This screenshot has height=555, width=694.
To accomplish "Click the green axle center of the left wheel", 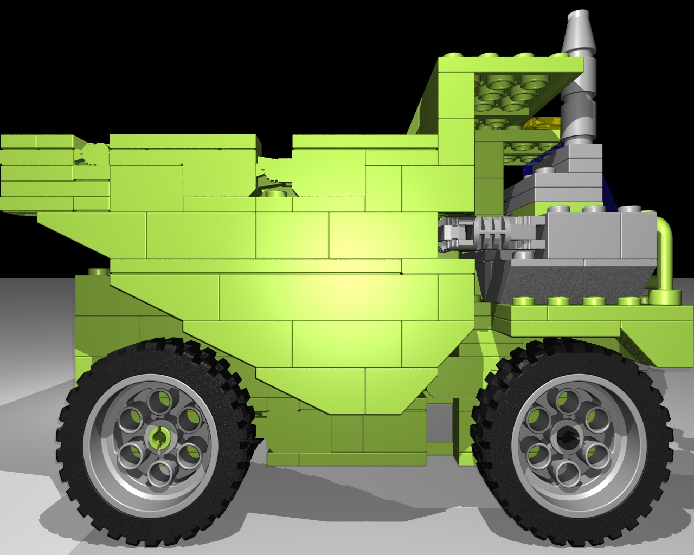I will click(158, 436).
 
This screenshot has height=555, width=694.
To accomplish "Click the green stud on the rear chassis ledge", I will click(97, 271).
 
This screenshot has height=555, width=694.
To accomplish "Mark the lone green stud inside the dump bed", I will click(275, 193).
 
